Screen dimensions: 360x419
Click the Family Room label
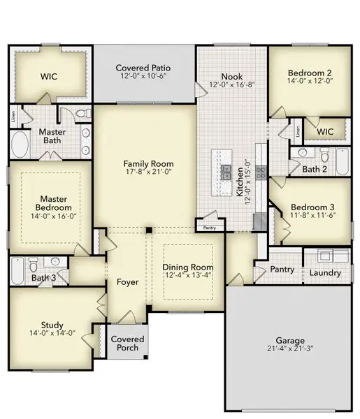(x=148, y=163)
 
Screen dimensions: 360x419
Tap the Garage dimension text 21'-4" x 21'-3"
(x=290, y=348)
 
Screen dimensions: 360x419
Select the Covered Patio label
(x=143, y=68)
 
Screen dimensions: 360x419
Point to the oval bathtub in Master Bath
(x=20, y=145)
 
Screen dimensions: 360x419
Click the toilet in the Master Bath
(x=83, y=114)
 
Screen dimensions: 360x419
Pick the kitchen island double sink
(x=226, y=172)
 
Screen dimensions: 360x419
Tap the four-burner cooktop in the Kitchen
(x=261, y=172)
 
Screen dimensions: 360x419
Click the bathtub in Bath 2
(x=343, y=162)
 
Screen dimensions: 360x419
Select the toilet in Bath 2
(x=324, y=155)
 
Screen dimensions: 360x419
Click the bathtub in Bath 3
(x=18, y=271)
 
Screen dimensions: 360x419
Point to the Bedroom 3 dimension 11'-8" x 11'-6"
(x=313, y=215)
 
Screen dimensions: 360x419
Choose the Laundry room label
(x=325, y=273)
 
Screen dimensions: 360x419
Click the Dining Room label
(x=188, y=267)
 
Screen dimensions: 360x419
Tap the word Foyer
(x=128, y=282)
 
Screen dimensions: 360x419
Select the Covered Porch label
(x=128, y=344)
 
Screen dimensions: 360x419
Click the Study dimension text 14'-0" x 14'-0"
(x=52, y=333)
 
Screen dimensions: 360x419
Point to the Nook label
(x=232, y=77)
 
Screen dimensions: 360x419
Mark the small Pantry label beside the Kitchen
(x=210, y=228)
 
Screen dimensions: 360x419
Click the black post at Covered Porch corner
(x=146, y=357)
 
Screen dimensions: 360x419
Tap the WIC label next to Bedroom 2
(x=325, y=131)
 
